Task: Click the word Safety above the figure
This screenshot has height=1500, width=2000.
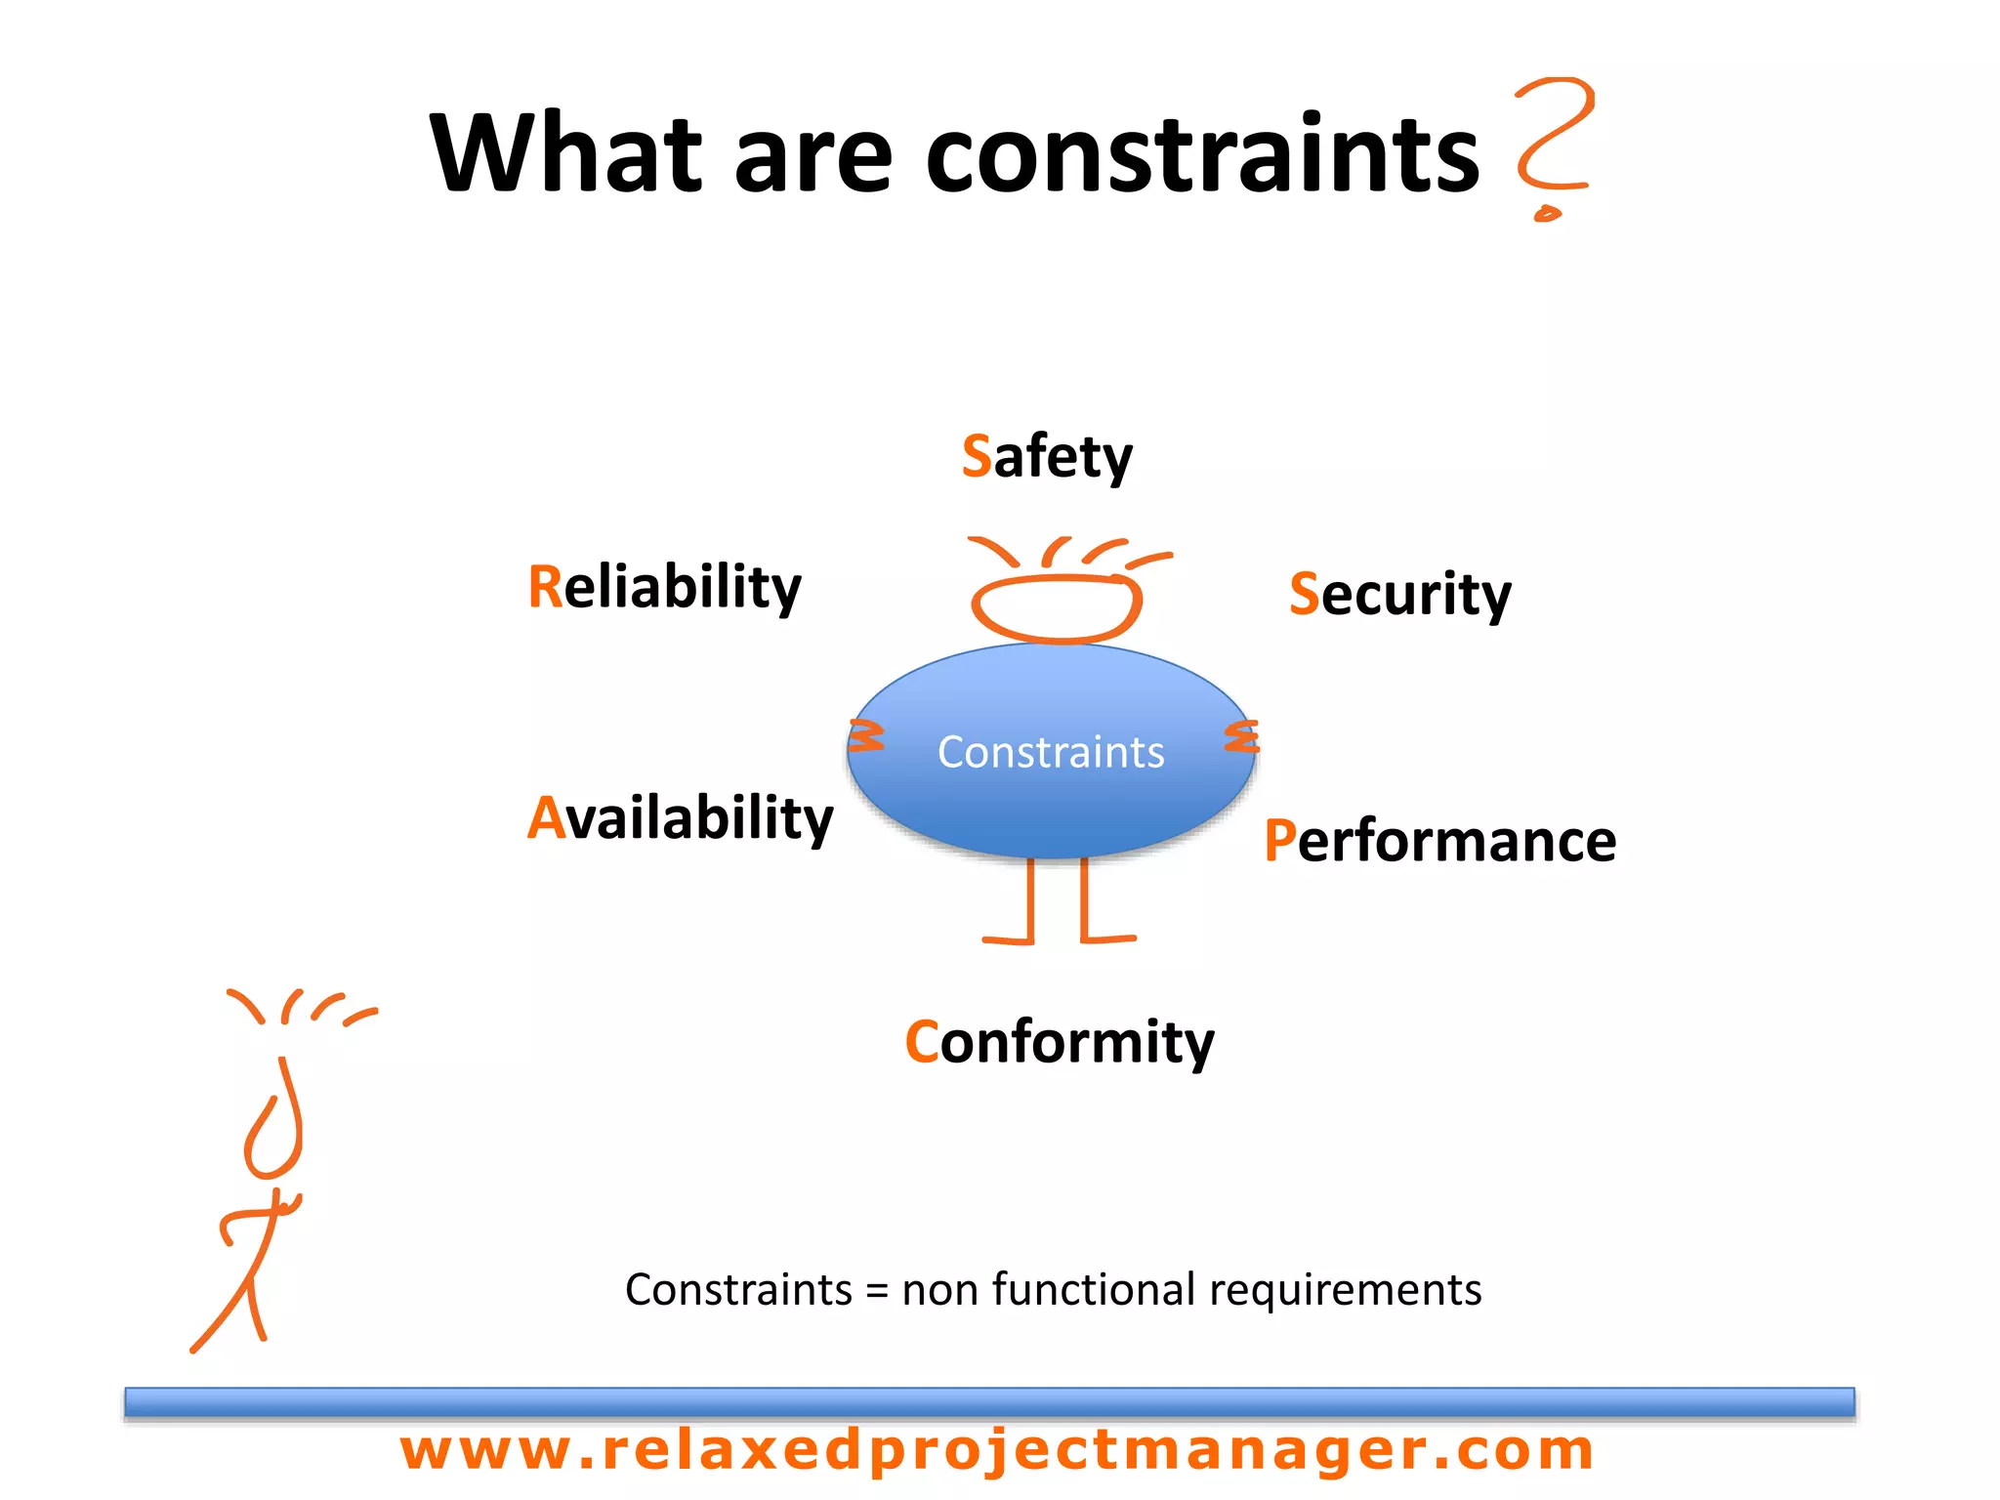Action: pyautogui.click(x=1047, y=456)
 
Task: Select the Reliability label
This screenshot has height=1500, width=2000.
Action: pyautogui.click(x=664, y=587)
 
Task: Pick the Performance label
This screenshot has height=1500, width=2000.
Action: pyautogui.click(x=1439, y=841)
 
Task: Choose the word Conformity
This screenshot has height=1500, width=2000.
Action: pyautogui.click(x=1060, y=1042)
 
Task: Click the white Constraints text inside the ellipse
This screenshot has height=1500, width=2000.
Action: pyautogui.click(x=1051, y=752)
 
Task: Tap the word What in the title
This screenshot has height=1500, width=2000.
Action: pyautogui.click(x=566, y=154)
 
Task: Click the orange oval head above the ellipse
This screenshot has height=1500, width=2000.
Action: pyautogui.click(x=1057, y=607)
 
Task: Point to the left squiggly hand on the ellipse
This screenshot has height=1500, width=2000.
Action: pyautogui.click(x=865, y=736)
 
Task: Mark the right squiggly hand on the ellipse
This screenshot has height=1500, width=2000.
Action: pyautogui.click(x=1242, y=736)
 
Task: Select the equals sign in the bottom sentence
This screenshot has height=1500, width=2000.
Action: pyautogui.click(x=877, y=1291)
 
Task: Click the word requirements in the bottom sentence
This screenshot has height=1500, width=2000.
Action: pyautogui.click(x=1345, y=1291)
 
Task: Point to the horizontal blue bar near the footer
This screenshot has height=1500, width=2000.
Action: pyautogui.click(x=988, y=1401)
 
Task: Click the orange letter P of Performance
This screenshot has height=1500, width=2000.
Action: pyautogui.click(x=1279, y=841)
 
